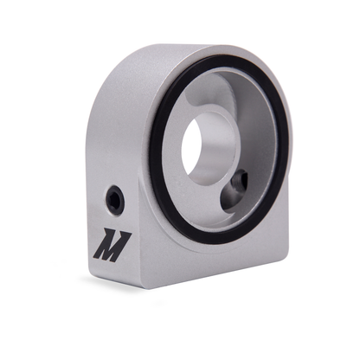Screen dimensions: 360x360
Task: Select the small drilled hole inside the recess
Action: (x=238, y=181)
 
